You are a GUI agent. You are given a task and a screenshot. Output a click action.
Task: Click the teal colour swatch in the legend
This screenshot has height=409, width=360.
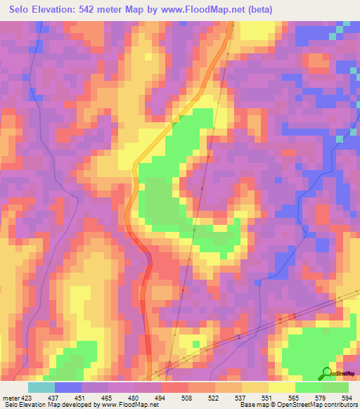click(41, 387)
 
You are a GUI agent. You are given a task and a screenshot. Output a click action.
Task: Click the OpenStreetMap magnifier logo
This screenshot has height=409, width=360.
click(326, 373)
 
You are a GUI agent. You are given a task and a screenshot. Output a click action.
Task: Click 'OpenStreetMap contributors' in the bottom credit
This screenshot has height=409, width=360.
click(321, 405)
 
